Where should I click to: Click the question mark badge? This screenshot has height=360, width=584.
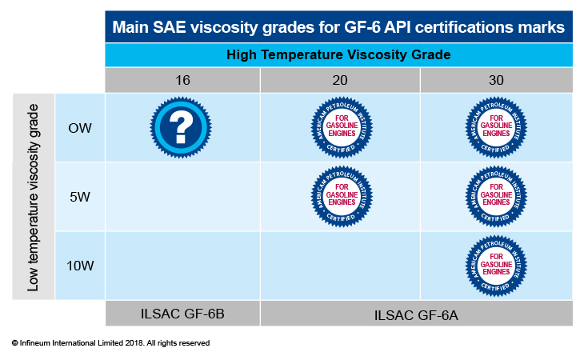181,127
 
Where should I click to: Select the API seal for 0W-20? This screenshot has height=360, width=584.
342,127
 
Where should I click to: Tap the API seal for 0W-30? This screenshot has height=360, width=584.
496,127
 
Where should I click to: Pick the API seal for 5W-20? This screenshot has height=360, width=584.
342,196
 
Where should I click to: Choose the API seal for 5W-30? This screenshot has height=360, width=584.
496,196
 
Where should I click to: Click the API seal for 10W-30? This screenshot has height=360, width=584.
496,266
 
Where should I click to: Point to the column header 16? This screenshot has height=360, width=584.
182,80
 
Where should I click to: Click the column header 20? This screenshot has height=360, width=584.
340,80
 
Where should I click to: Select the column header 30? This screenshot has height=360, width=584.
496,80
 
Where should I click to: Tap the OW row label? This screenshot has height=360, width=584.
80,128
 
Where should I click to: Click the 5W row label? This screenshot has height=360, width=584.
80,197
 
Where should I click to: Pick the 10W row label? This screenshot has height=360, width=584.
80,266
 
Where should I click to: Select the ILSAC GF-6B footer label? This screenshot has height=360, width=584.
182,314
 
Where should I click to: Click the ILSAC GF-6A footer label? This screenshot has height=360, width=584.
416,315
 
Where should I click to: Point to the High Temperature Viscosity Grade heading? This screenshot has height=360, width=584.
338,54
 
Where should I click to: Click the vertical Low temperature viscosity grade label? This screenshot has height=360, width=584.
33,198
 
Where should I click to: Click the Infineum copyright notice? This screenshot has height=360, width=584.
110,343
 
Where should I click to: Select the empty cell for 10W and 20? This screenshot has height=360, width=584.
340,266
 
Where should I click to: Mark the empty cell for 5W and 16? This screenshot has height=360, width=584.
182,197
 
